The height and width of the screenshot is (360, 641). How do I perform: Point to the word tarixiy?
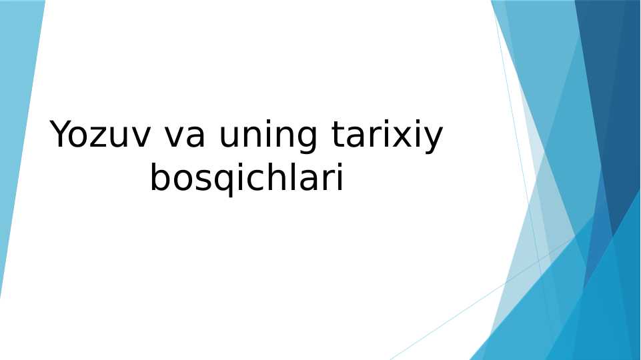[x=387, y=137]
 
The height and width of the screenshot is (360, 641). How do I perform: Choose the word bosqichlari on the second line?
[x=246, y=179]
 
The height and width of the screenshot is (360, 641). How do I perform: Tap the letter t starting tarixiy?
[x=338, y=136]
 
